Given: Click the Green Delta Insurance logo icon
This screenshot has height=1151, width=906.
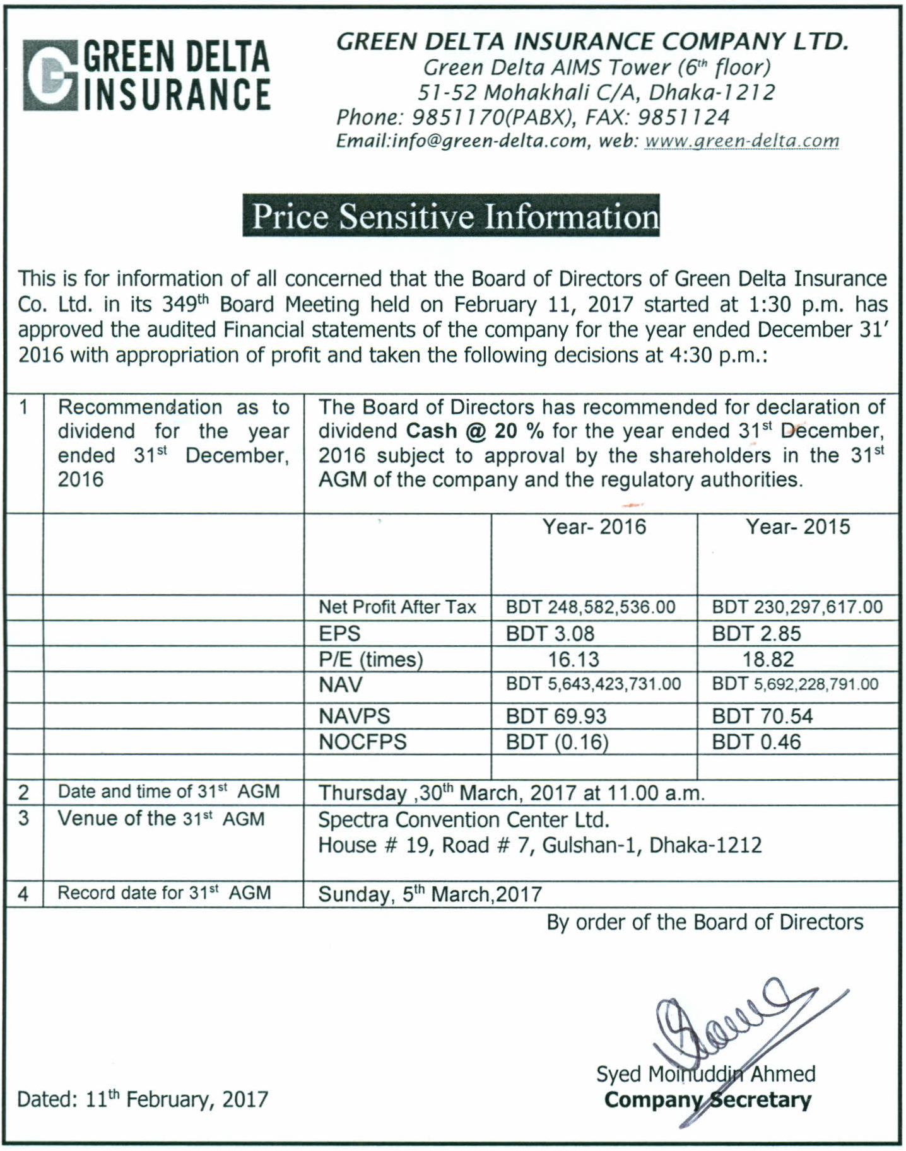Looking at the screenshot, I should (50, 76).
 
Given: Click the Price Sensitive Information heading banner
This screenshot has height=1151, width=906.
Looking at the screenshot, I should (451, 216).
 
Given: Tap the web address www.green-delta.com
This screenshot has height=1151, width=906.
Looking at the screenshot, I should (741, 141).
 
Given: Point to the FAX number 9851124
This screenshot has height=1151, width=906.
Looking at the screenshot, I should (683, 117).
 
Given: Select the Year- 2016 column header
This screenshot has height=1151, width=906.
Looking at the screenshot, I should (594, 527).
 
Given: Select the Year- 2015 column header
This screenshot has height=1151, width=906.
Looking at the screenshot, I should (797, 527).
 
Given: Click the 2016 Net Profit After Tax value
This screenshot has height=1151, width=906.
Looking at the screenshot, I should (591, 607).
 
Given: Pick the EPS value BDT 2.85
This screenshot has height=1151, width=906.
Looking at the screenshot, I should (756, 633).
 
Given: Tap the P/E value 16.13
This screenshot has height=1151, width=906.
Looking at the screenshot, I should (573, 659).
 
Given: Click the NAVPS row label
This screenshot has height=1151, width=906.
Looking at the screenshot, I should (355, 716).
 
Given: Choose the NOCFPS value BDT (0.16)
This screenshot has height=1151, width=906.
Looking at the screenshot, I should (557, 742).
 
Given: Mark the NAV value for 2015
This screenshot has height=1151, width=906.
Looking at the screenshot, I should (795, 684).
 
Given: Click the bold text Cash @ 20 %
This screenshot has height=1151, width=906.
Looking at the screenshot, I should (474, 431).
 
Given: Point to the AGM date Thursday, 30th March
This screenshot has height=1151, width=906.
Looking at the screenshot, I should (511, 793).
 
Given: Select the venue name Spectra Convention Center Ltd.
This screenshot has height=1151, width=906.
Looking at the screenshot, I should (464, 819).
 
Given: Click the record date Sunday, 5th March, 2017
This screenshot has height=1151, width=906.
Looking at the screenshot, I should (430, 894).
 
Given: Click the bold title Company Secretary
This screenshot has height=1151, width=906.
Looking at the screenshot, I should (707, 1100).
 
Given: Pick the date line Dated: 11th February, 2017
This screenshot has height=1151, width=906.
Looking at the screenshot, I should (143, 1099).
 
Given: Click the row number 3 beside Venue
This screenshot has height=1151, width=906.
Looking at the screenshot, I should (24, 819).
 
